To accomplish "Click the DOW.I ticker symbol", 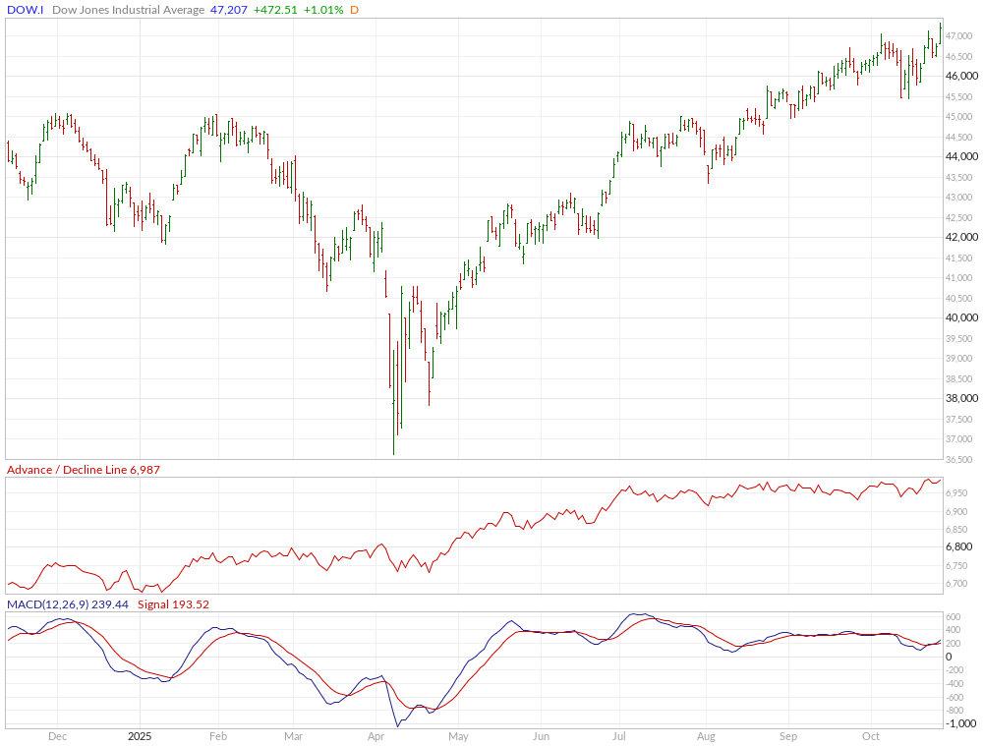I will [x=25, y=10].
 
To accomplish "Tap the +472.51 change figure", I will [x=277, y=10].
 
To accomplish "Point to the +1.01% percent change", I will [x=324, y=10].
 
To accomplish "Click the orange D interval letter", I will [x=354, y=10].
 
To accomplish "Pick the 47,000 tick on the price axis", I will [x=960, y=36].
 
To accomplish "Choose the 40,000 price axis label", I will [x=960, y=318].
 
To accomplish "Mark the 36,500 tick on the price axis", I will [x=960, y=459].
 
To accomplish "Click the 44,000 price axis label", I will [x=960, y=157].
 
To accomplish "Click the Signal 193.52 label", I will [x=173, y=604].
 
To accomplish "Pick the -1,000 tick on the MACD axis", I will [x=961, y=723].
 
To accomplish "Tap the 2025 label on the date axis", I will [x=140, y=735].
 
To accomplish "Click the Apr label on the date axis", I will [x=375, y=735].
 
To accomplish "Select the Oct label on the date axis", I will [x=870, y=735].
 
